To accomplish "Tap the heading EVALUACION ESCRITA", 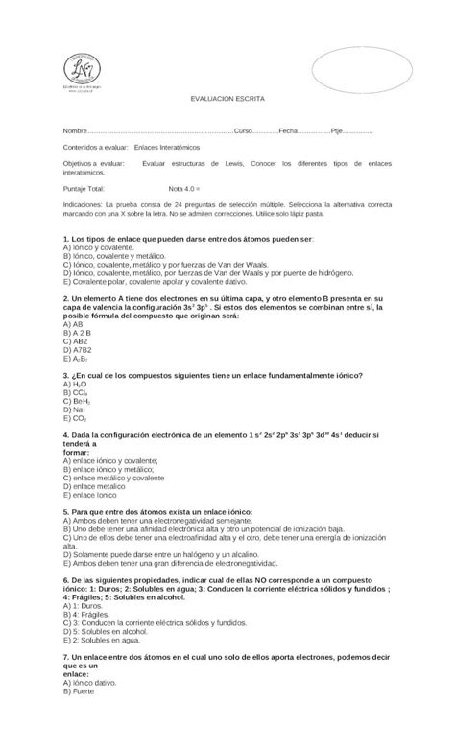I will point(227,99).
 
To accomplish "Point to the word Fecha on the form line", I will point(289,130).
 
